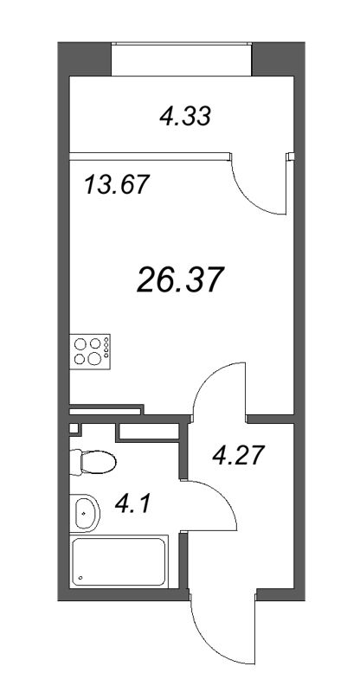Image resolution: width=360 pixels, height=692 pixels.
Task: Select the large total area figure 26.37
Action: click(181, 279)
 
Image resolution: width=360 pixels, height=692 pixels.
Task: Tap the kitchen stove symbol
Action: click(91, 350)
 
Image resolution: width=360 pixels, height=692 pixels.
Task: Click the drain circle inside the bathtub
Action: click(80, 577)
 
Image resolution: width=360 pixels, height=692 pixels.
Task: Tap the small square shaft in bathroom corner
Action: click(74, 427)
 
